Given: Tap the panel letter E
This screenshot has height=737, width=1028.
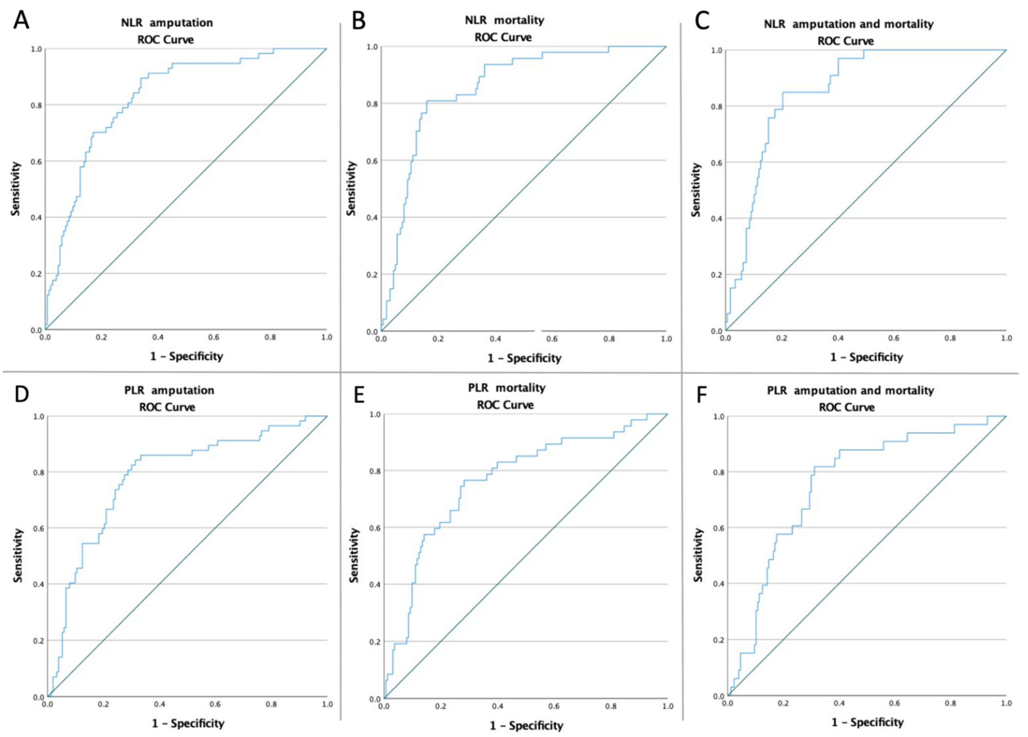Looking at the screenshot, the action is [x=359, y=395].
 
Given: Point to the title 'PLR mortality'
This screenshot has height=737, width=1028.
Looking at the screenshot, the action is [x=506, y=388].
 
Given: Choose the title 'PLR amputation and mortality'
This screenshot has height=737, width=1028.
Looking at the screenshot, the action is [x=850, y=391].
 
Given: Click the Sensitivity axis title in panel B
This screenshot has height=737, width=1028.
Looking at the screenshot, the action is [x=351, y=188].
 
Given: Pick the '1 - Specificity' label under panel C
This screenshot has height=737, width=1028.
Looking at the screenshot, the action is [x=866, y=357].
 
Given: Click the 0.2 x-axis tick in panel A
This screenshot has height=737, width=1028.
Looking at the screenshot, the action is [x=102, y=338].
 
